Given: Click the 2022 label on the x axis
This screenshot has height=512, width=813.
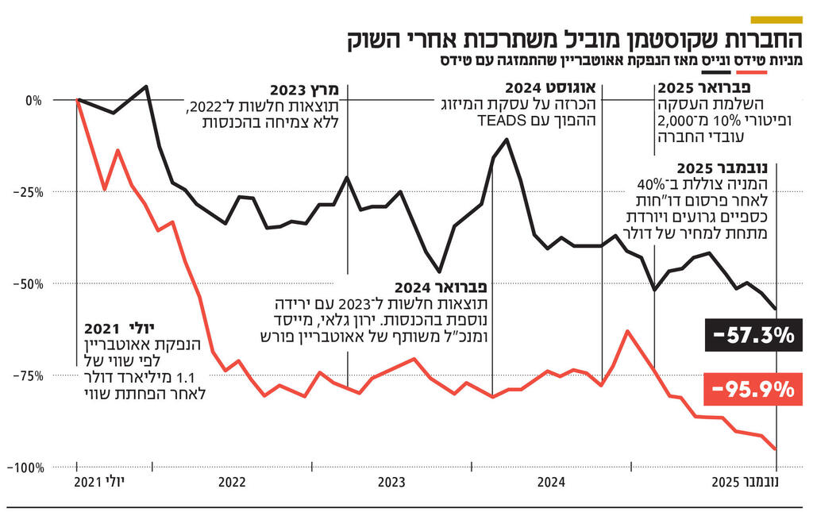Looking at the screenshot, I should coord(231,482).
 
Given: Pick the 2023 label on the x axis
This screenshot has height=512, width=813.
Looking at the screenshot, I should coord(391,482).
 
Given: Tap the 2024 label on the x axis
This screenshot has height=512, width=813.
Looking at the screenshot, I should coord(551,482).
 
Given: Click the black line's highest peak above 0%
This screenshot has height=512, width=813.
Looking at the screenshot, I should coord(146,87).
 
